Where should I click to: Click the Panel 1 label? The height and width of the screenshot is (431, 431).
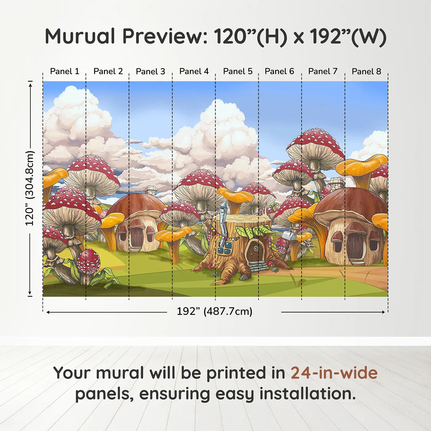tap(65, 71)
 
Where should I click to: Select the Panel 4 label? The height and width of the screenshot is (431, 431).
tap(194, 71)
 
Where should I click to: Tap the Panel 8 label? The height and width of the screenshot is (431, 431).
tap(366, 71)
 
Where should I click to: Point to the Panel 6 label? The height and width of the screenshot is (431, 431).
tap(279, 71)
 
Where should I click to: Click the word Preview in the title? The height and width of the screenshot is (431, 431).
tap(162, 36)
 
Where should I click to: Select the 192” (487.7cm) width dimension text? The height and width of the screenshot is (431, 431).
tap(214, 311)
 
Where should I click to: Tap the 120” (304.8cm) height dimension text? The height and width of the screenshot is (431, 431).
tap(30, 188)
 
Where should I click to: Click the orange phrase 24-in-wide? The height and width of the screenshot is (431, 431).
tap(334, 373)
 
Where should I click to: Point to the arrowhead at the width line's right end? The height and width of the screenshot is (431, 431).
tap(383, 312)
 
